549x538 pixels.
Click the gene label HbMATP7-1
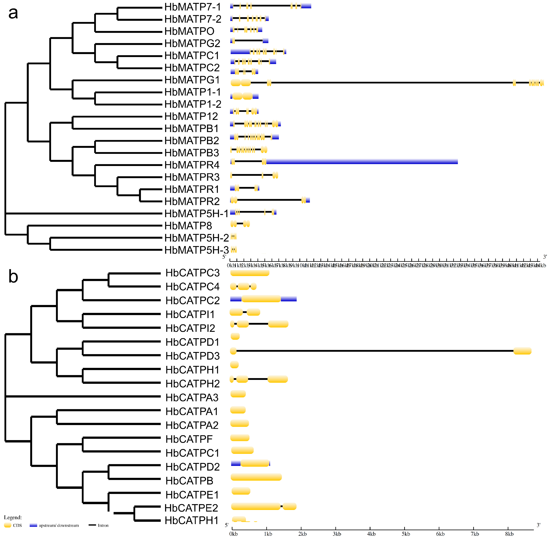pyautogui.click(x=193, y=7)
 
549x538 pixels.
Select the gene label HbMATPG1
pyautogui.click(x=192, y=80)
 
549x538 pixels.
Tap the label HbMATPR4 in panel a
pyautogui.click(x=192, y=165)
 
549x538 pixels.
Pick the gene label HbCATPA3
pyautogui.click(x=192, y=398)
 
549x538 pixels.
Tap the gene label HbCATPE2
pyautogui.click(x=191, y=508)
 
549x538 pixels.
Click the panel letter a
pyautogui.click(x=13, y=13)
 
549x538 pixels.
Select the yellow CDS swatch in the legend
pyautogui.click(x=8, y=525)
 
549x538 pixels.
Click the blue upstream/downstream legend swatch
pyautogui.click(x=33, y=525)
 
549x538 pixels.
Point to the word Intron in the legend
pyautogui.click(x=103, y=525)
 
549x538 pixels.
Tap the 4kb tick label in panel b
pyautogui.click(x=371, y=534)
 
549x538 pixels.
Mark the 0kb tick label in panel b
pyautogui.click(x=233, y=534)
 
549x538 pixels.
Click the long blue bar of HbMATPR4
pyautogui.click(x=361, y=162)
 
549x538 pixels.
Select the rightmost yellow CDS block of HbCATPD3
pyautogui.click(x=522, y=351)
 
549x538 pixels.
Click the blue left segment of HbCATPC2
pyautogui.click(x=236, y=299)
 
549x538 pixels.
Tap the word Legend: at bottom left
pyautogui.click(x=13, y=517)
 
